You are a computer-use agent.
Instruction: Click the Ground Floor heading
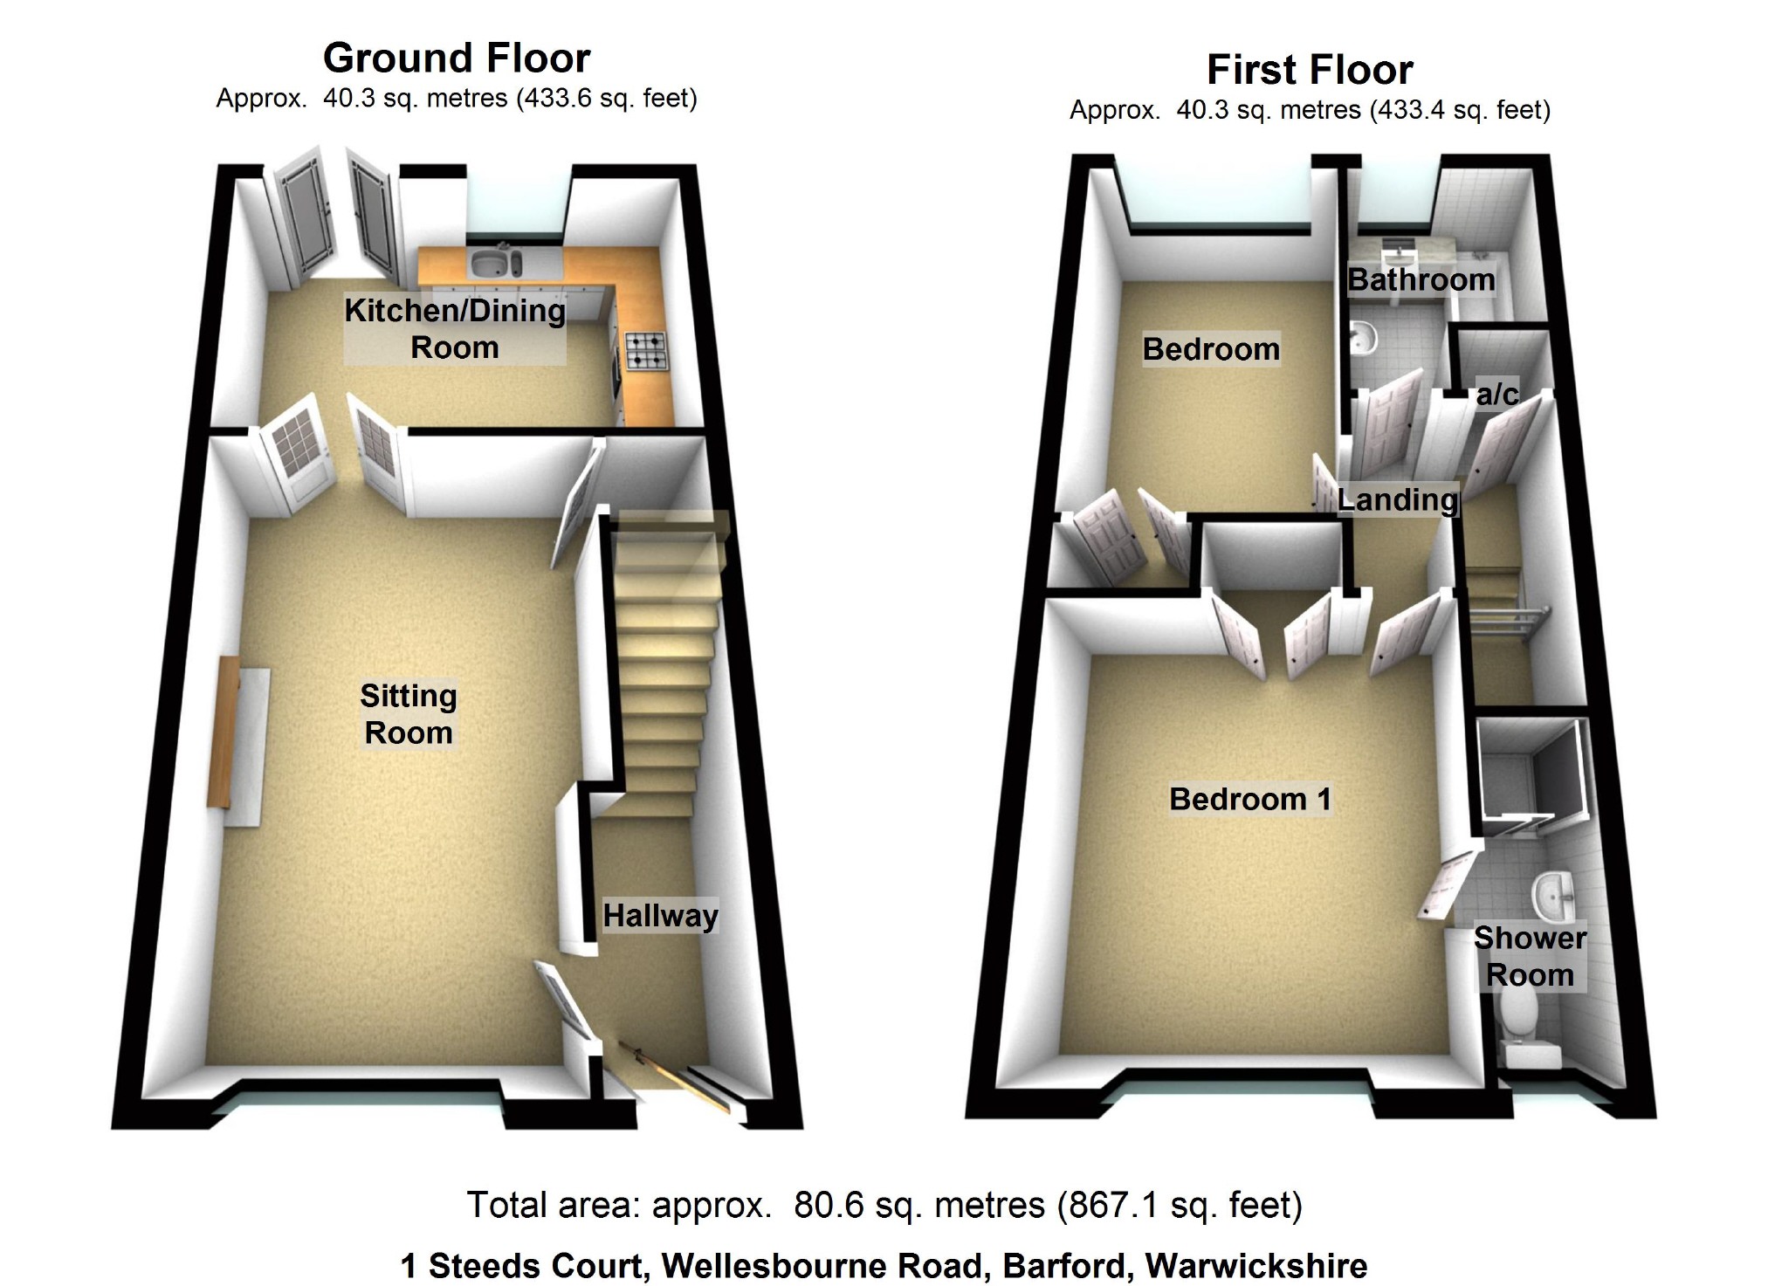pyautogui.click(x=457, y=58)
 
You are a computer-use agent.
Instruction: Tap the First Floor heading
pyautogui.click(x=1310, y=70)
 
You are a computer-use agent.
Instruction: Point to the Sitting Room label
pyautogui.click(x=409, y=714)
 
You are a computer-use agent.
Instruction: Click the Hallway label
pyautogui.click(x=660, y=916)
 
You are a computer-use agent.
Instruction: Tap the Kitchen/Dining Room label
pyautogui.click(x=455, y=328)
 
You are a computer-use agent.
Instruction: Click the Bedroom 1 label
pyautogui.click(x=1250, y=799)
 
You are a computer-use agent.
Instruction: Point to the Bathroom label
pyautogui.click(x=1421, y=280)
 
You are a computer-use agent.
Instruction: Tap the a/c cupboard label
pyautogui.click(x=1496, y=395)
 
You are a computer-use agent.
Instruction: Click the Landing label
pyautogui.click(x=1397, y=499)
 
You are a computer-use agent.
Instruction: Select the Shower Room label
pyautogui.click(x=1530, y=956)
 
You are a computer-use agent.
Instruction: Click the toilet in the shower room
pyautogui.click(x=1520, y=1030)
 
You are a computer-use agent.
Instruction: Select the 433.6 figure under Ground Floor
pyautogui.click(x=546, y=99)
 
